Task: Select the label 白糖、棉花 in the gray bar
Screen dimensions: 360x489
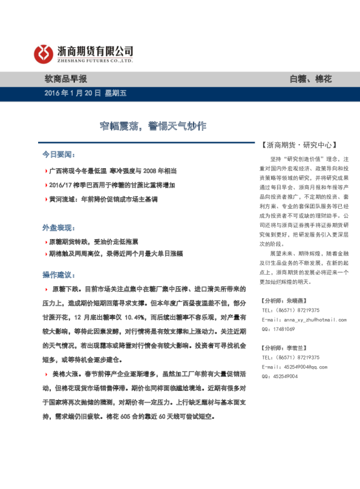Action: click(x=310, y=79)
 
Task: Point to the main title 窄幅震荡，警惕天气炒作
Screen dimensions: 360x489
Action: click(x=154, y=126)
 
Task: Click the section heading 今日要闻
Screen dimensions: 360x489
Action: click(x=58, y=155)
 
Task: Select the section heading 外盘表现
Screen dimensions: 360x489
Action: click(x=58, y=227)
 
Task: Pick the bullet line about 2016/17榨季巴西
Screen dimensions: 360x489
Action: click(x=111, y=185)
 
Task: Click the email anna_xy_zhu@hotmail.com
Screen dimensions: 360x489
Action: click(x=299, y=319)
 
